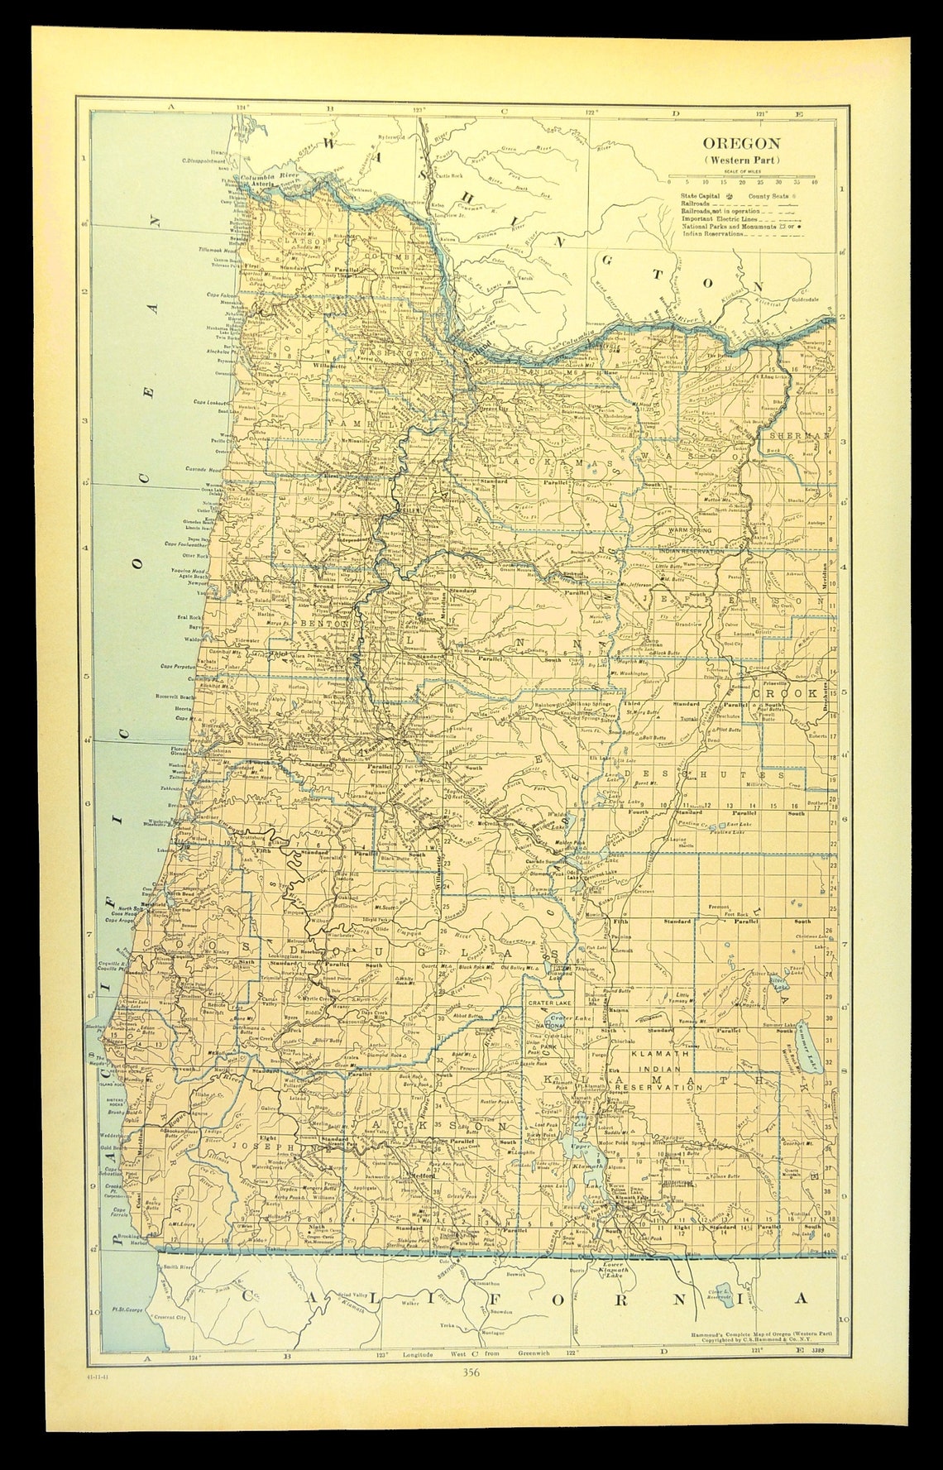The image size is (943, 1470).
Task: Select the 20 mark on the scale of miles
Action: click(x=742, y=181)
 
